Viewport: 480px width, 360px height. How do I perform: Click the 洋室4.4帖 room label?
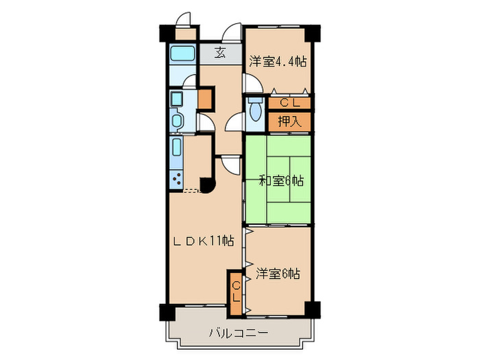[x=277, y=60]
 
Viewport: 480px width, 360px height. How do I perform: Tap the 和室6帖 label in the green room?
[x=281, y=181]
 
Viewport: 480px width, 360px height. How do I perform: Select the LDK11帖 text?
[x=203, y=241]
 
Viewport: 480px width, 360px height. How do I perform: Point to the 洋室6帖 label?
[x=278, y=273]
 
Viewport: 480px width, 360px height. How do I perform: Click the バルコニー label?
[x=239, y=334]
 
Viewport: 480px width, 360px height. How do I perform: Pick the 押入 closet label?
[x=289, y=122]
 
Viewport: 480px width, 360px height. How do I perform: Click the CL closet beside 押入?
[x=289, y=104]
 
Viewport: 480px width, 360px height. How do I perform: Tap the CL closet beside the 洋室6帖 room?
[x=235, y=293]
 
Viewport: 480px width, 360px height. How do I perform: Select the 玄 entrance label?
[x=219, y=53]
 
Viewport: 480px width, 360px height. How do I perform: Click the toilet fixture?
[x=256, y=110]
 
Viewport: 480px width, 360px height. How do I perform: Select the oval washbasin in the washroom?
[x=176, y=122]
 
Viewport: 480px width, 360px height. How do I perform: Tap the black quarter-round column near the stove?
[x=206, y=185]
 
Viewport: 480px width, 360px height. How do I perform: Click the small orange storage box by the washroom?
[x=204, y=99]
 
